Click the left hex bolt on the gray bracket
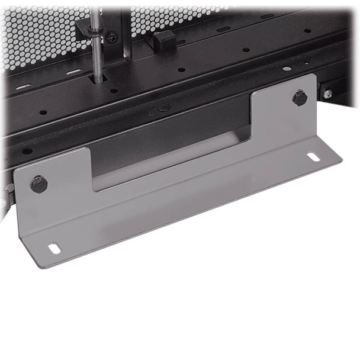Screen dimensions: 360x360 pos(39,184)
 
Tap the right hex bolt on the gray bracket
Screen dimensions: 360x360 pos(300,98)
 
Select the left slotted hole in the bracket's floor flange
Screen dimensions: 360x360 pos(54,248)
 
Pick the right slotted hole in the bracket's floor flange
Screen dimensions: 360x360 pos(313,157)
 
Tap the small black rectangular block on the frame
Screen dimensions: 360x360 pos(164,40)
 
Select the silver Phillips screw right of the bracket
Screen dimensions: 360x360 pos(327,94)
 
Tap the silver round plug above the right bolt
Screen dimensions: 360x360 pos(287,69)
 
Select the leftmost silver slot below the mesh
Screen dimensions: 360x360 pos(24,87)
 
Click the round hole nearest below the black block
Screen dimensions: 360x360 pos(181,69)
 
